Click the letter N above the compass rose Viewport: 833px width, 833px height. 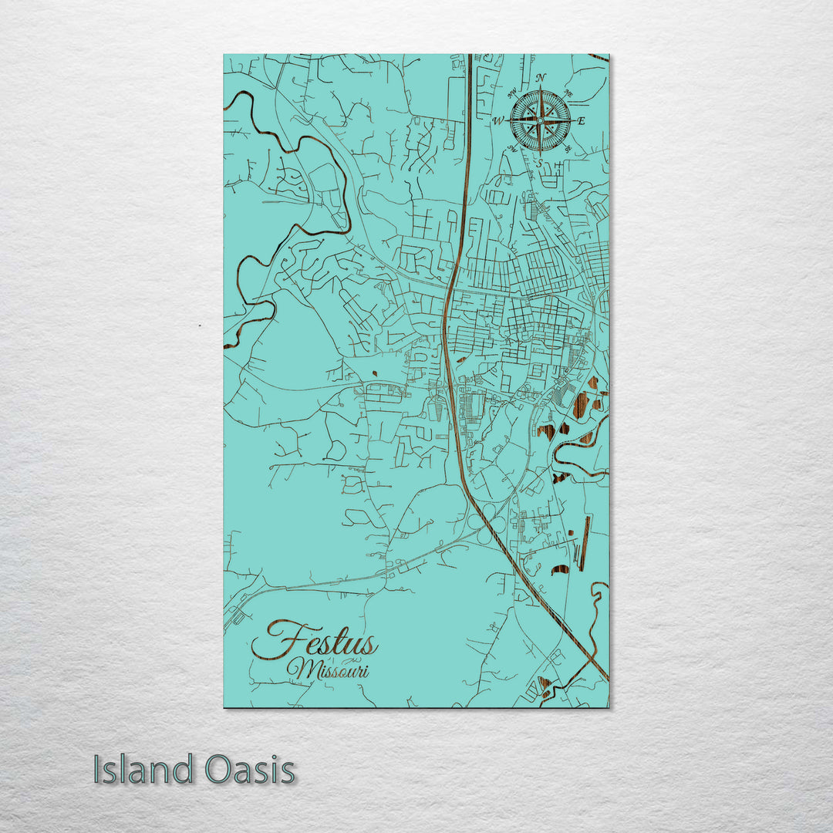(541, 77)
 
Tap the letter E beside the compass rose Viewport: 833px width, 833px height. (582, 121)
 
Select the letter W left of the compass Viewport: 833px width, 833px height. (499, 121)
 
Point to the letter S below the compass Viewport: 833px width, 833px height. (540, 163)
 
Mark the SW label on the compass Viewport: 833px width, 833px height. (512, 149)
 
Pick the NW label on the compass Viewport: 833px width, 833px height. (512, 92)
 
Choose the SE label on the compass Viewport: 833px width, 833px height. (568, 149)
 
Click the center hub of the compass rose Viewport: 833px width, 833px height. (540, 120)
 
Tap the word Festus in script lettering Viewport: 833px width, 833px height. (316, 642)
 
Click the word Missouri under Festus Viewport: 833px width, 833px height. (329, 669)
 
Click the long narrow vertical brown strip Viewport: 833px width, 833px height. (584, 543)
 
